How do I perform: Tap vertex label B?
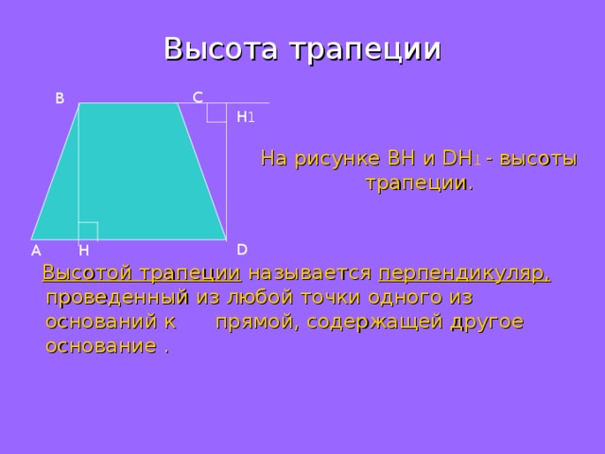click(60, 97)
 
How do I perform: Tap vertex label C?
click(197, 96)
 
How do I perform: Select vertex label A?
click(35, 251)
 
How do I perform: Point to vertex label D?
click(242, 249)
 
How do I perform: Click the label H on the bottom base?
click(84, 251)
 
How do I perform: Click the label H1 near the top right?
click(245, 117)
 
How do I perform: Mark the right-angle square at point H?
click(88, 231)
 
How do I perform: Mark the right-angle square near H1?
click(216, 112)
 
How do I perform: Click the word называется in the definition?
click(309, 274)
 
